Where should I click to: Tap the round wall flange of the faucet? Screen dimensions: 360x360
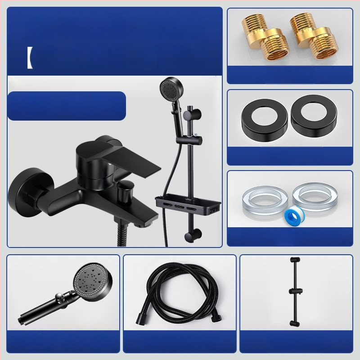tap(27, 191)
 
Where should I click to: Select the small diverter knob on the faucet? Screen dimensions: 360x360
tap(126, 191)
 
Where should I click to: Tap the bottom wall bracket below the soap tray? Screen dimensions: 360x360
tap(195, 235)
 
